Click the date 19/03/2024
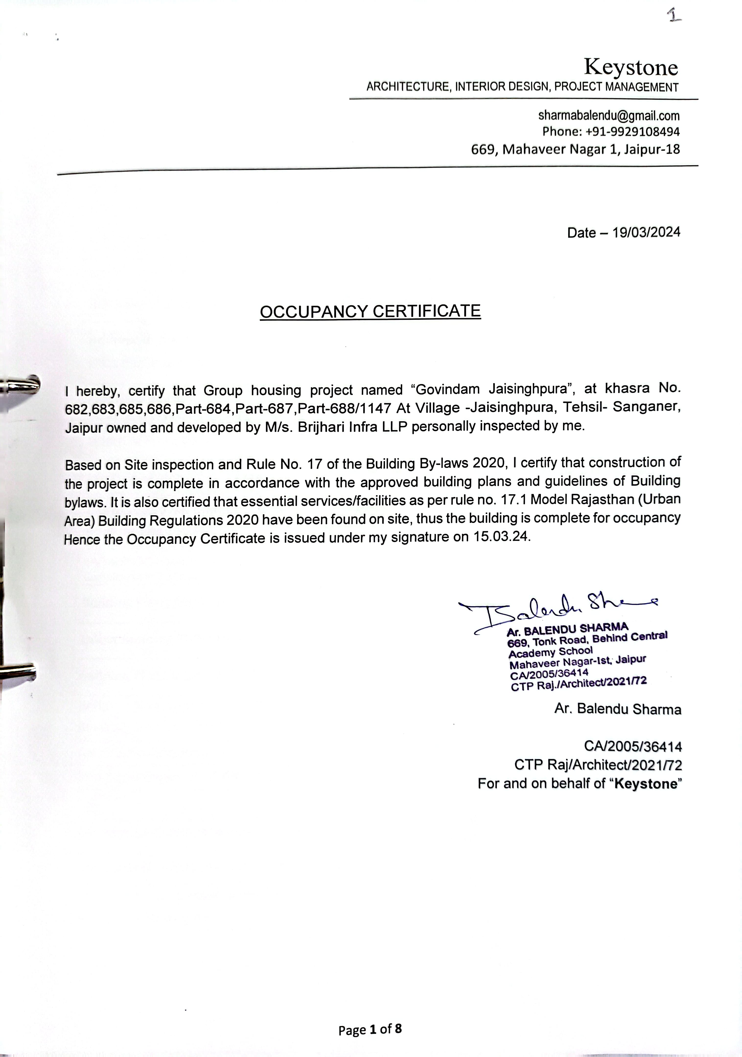click(646, 232)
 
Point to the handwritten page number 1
click(674, 17)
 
